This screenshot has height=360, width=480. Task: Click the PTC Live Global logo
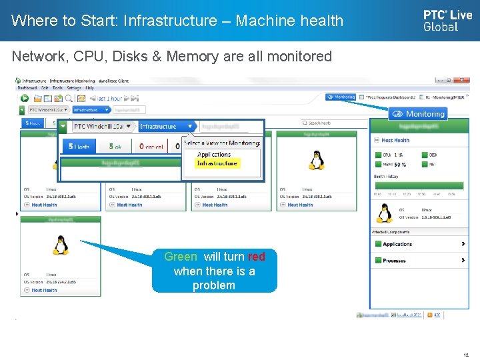pos(447,20)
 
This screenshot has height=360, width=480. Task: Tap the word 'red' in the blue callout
pos(256,257)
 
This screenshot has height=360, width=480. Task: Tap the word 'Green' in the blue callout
pos(181,257)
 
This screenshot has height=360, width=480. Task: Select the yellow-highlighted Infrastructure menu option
pos(217,163)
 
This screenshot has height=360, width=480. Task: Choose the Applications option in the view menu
pos(214,155)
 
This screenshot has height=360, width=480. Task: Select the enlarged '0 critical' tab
pos(151,146)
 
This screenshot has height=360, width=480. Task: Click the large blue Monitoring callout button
pos(419,114)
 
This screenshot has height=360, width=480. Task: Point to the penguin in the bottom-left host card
pos(61,245)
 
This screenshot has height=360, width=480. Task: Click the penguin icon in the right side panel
pos(385,213)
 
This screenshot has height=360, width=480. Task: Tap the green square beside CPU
pos(377,155)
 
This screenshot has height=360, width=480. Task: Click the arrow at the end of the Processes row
pos(463,260)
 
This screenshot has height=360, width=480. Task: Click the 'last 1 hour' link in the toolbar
pos(109,98)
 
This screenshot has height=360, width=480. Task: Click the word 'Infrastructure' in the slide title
pos(162,21)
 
